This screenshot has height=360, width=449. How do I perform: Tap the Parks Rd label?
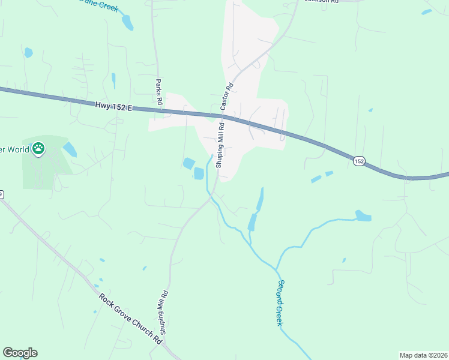tap(160, 92)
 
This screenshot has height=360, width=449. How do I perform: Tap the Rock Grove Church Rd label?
tap(131, 318)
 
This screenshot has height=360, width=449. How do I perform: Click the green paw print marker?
tap(38, 148)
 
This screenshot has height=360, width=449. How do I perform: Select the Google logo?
tap(20, 353)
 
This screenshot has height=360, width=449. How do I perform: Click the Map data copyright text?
tap(423, 355)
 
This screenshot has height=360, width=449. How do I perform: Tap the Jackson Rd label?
tap(322, 2)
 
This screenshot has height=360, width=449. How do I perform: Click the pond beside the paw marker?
tap(70, 149)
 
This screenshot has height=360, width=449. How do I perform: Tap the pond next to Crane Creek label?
tap(127, 22)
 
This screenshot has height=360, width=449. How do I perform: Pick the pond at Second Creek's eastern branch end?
tap(363, 215)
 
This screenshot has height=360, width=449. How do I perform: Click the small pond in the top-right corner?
tap(426, 11)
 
